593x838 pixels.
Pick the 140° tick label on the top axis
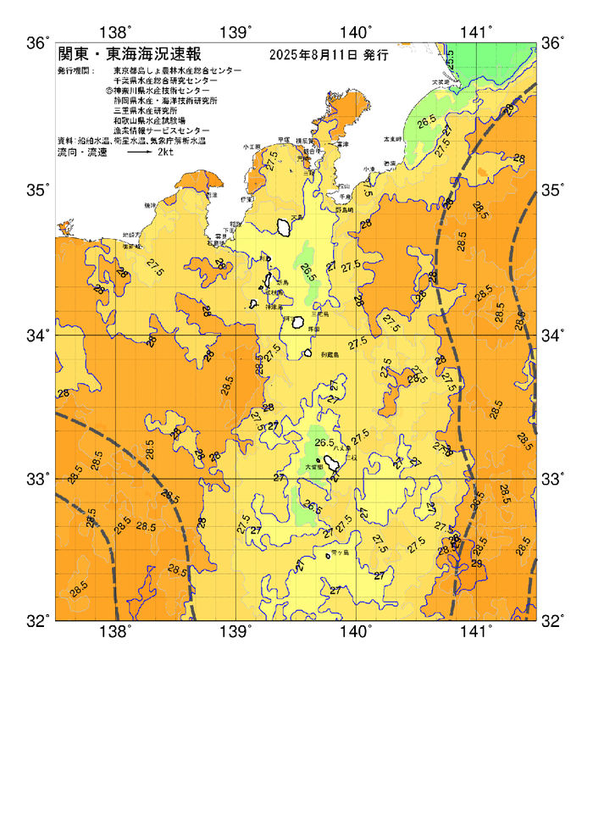(357, 32)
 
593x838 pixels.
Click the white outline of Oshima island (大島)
(283, 226)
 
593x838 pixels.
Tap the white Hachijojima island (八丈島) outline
(333, 462)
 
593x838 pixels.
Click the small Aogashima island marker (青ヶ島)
(328, 557)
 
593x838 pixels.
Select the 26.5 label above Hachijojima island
(324, 442)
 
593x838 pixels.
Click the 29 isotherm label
(477, 563)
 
